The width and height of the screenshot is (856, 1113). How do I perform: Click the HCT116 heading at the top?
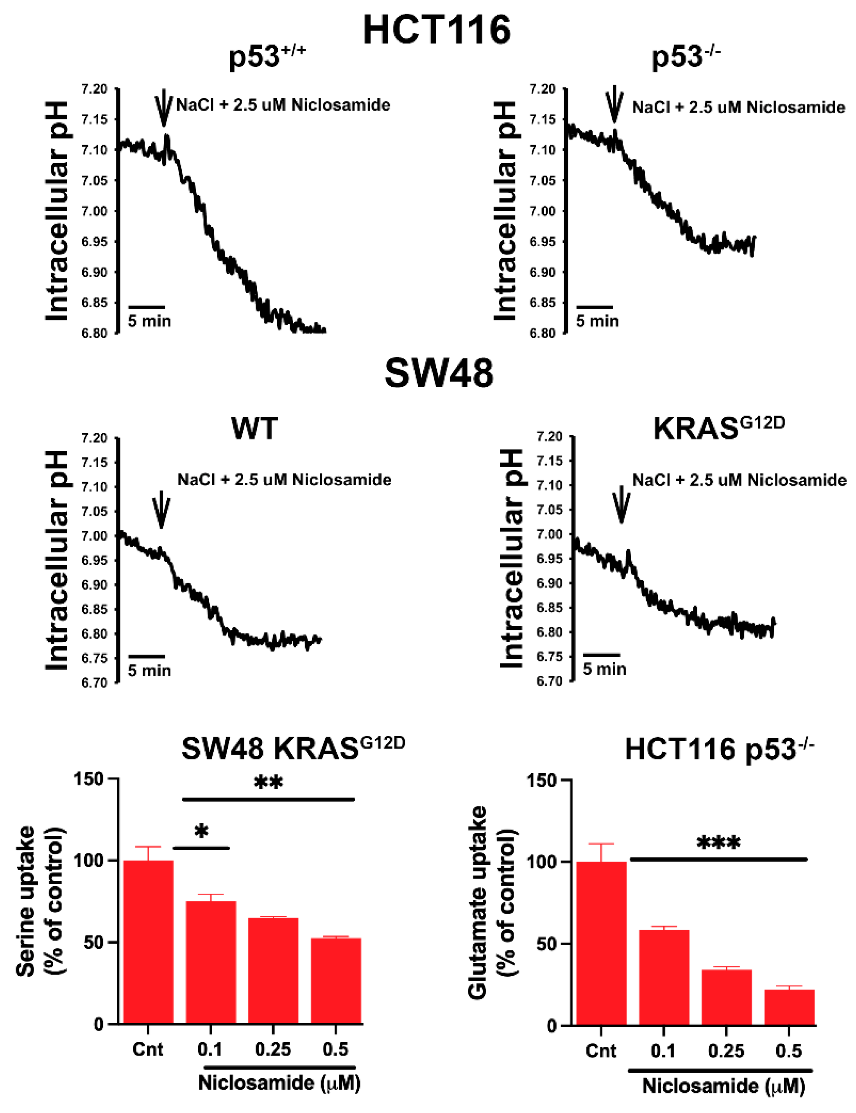[x=437, y=30]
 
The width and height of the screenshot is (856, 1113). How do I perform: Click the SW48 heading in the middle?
[x=438, y=374]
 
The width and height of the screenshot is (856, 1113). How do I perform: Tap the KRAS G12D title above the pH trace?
[x=718, y=428]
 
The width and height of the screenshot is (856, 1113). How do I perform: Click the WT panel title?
[x=255, y=428]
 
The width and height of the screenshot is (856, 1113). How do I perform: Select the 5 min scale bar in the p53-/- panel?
[x=594, y=307]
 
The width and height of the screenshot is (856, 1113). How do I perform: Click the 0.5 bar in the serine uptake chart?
[x=336, y=980]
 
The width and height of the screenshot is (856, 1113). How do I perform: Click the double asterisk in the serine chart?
[x=268, y=783]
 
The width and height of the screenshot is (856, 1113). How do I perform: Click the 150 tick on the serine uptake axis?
[x=89, y=779]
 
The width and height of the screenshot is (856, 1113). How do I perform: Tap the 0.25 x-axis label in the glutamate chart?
[x=726, y=1051]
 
